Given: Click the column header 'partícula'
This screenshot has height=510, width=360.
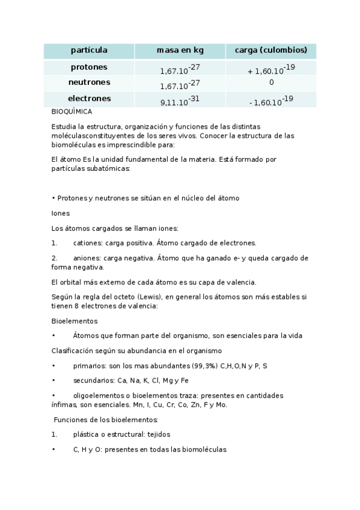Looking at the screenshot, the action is [x=89, y=50].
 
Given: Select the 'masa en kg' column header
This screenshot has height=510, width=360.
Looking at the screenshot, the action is [x=180, y=50].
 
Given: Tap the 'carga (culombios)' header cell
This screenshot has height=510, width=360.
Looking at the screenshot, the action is [x=271, y=50].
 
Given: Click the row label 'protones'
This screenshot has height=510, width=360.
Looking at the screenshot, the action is [x=89, y=67].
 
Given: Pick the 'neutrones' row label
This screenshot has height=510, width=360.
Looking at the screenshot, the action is [x=89, y=82].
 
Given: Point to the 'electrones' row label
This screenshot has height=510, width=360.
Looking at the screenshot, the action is [x=89, y=98].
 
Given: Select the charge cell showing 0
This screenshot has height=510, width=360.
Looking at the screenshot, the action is [x=271, y=82].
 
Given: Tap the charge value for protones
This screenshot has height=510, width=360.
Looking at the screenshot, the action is [x=271, y=69].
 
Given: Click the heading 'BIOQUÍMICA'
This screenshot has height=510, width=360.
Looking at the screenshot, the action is [x=72, y=112].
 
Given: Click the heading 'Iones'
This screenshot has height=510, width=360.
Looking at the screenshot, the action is [x=60, y=213].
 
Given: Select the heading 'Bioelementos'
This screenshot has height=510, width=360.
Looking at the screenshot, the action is [x=75, y=321].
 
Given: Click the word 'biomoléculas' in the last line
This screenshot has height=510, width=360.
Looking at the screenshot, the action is [x=205, y=449].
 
